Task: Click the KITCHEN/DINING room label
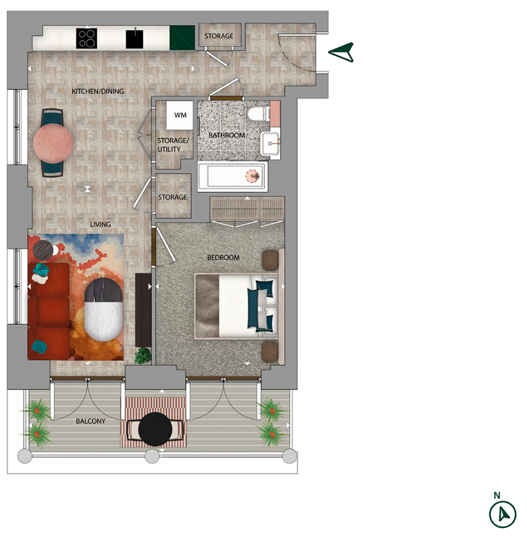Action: click(98, 91)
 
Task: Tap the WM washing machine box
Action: click(180, 116)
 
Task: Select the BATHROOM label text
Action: click(227, 135)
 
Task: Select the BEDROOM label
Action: click(223, 257)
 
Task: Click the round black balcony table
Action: click(154, 429)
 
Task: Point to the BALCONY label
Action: click(90, 421)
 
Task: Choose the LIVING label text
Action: click(100, 224)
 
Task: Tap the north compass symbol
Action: click(503, 513)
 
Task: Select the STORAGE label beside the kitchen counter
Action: click(219, 36)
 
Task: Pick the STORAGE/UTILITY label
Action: click(173, 145)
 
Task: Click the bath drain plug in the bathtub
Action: click(255, 176)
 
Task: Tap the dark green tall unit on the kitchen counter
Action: click(182, 37)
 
